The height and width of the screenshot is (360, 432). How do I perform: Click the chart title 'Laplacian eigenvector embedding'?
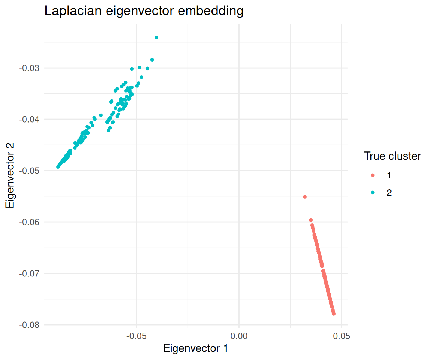click(144, 11)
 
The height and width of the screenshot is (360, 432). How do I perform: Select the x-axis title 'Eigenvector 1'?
click(195, 348)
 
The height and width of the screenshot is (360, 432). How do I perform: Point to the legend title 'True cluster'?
click(392, 156)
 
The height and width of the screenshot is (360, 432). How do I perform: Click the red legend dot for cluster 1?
click(373, 175)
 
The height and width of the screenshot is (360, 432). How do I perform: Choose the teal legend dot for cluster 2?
click(373, 193)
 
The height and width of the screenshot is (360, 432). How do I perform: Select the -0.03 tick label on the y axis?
click(31, 68)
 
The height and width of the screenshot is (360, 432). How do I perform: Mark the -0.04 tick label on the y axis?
click(31, 119)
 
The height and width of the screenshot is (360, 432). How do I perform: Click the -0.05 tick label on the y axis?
click(31, 171)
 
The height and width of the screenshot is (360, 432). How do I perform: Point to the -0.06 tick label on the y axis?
click(31, 222)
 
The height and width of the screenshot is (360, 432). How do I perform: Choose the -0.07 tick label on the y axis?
click(31, 273)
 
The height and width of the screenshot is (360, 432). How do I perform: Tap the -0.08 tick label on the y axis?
click(31, 325)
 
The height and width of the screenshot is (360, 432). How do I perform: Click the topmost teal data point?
click(156, 37)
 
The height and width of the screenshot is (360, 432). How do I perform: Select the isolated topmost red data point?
click(305, 197)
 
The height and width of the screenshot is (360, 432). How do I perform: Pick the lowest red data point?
click(334, 313)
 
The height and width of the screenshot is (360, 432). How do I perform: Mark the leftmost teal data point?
click(58, 167)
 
